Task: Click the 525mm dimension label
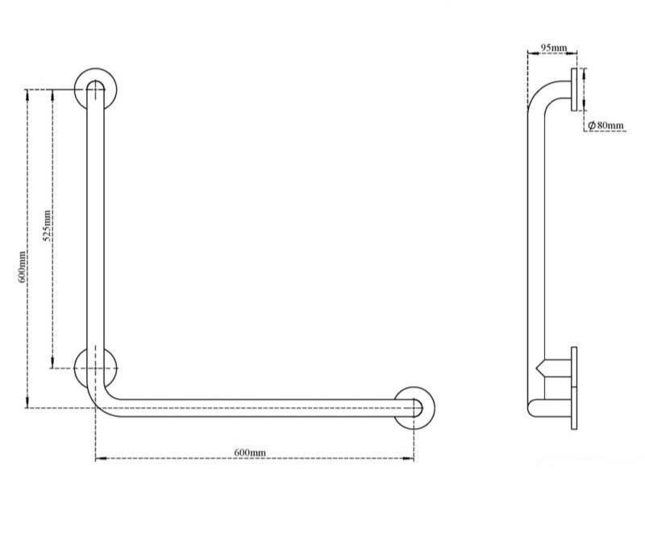click(x=48, y=225)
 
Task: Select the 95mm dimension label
click(x=553, y=48)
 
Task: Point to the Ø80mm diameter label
click(x=605, y=125)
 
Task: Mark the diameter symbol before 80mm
click(x=591, y=125)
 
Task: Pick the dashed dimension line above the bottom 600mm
click(x=255, y=460)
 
